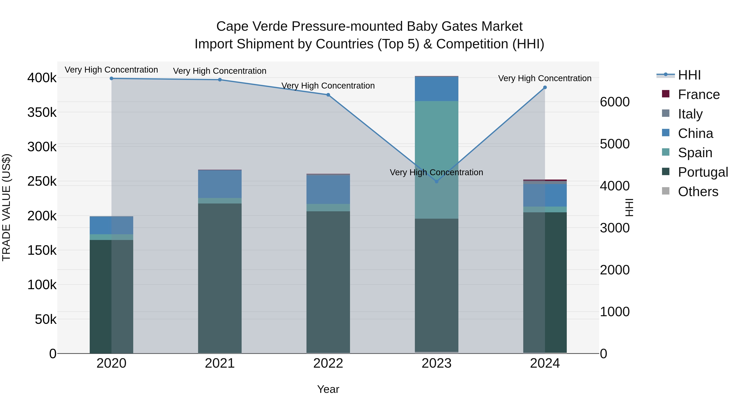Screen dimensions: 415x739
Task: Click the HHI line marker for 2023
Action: click(x=436, y=181)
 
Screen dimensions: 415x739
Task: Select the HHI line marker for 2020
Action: click(x=112, y=78)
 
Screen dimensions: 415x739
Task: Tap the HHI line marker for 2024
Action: click(x=545, y=88)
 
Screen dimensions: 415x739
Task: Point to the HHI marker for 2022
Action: click(x=328, y=95)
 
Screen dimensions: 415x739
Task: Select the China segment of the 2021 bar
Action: click(x=220, y=184)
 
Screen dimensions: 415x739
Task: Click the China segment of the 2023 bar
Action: click(x=436, y=89)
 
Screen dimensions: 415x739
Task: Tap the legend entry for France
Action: click(x=699, y=94)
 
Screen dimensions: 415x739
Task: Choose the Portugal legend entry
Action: click(x=703, y=172)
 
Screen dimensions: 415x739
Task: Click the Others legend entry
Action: click(x=698, y=192)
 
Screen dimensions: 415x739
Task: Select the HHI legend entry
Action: click(x=689, y=75)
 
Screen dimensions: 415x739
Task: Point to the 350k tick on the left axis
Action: click(x=42, y=112)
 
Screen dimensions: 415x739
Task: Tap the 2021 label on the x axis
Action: click(x=220, y=363)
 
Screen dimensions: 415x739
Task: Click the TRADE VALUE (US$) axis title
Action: click(x=6, y=207)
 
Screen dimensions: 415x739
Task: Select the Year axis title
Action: click(x=328, y=389)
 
